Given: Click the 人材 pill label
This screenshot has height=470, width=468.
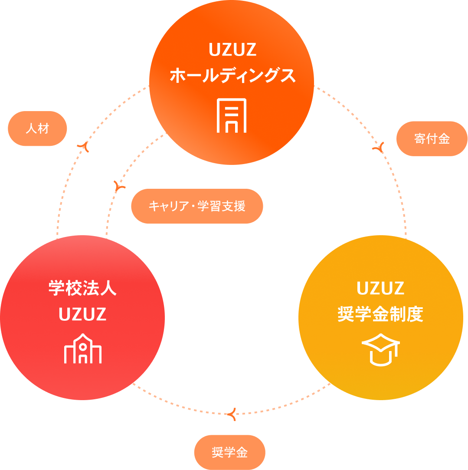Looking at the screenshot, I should [x=38, y=129].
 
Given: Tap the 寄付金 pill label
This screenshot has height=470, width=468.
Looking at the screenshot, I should [x=432, y=139].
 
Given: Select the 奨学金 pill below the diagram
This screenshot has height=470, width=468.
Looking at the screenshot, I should [x=229, y=453].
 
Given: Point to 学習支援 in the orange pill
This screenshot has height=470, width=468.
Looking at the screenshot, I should [x=222, y=206].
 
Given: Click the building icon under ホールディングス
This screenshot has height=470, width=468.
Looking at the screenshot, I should [x=232, y=115].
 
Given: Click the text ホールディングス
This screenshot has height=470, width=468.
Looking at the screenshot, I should [x=232, y=76].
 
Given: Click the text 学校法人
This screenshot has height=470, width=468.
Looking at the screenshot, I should [x=82, y=289].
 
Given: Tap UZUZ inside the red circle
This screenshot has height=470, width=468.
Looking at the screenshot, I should [x=82, y=315].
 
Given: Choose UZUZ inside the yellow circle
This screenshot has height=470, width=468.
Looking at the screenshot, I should [x=380, y=288].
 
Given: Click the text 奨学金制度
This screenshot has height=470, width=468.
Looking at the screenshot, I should [x=380, y=314].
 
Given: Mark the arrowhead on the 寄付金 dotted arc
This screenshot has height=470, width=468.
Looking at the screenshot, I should [x=380, y=149].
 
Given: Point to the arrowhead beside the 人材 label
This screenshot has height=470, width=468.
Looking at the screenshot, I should [x=83, y=146].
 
